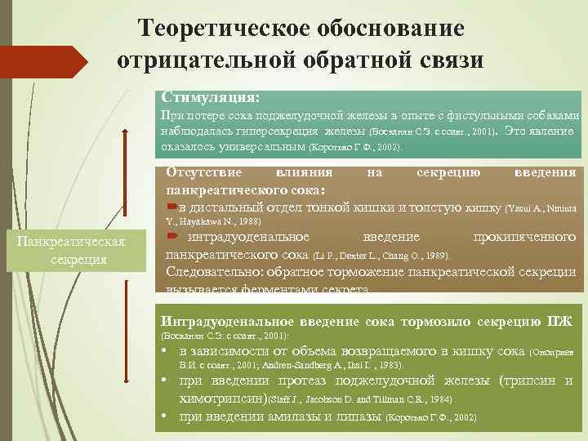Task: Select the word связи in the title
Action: (x=448, y=60)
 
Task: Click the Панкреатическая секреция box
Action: (x=76, y=250)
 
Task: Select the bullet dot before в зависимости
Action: (x=166, y=354)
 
